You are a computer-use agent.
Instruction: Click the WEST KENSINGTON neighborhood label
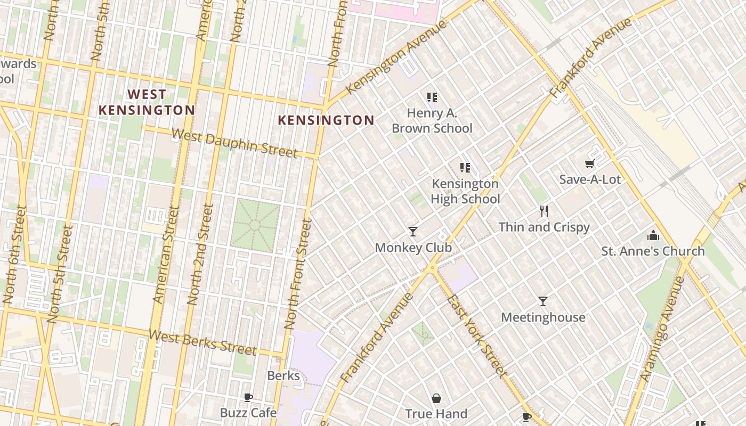tap(147, 102)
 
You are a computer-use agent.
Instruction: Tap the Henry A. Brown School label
tap(432, 121)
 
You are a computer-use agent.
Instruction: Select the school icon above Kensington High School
tap(465, 168)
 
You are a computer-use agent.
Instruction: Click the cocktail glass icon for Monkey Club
tap(412, 231)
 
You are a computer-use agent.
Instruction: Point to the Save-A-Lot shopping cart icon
tap(589, 164)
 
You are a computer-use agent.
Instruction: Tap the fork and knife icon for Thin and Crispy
tap(544, 211)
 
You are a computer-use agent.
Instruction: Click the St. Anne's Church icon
tap(653, 235)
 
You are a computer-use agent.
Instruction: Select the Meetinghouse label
tap(543, 317)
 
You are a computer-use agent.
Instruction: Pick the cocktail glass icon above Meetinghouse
tap(542, 301)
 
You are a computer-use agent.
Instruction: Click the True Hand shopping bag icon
tap(436, 398)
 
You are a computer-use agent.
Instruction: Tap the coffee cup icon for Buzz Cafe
tap(248, 397)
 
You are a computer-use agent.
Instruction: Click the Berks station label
tap(283, 375)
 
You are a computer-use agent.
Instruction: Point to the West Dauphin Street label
tap(234, 143)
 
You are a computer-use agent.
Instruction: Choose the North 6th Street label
tap(15, 256)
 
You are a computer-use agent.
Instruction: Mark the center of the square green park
tap(255, 226)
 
